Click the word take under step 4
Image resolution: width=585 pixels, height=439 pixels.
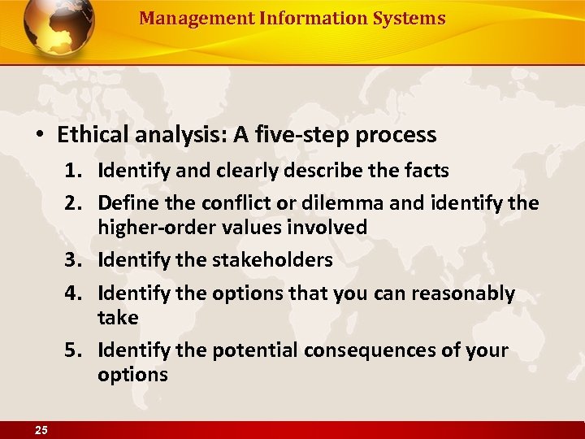(118, 318)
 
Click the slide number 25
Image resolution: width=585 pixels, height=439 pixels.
(41, 430)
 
